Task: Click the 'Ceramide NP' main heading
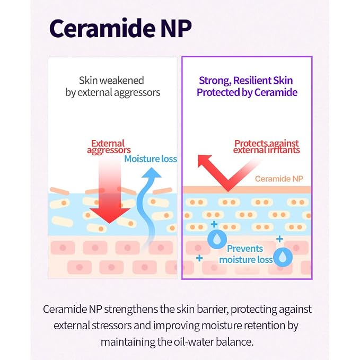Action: tap(120, 28)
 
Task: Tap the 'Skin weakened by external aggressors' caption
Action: tap(112, 86)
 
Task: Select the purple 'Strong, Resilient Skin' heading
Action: tap(246, 81)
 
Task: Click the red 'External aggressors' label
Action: tap(109, 146)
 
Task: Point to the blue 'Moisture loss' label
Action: tap(151, 159)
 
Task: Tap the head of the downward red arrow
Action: tap(110, 215)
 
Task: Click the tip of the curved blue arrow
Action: tap(152, 168)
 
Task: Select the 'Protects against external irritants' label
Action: tap(267, 146)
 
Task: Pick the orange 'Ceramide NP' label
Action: tap(279, 179)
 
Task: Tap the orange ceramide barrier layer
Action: tap(247, 190)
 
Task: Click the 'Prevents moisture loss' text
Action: tap(245, 254)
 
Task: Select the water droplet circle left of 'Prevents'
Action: tap(217, 240)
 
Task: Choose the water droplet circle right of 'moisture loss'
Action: tap(283, 257)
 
